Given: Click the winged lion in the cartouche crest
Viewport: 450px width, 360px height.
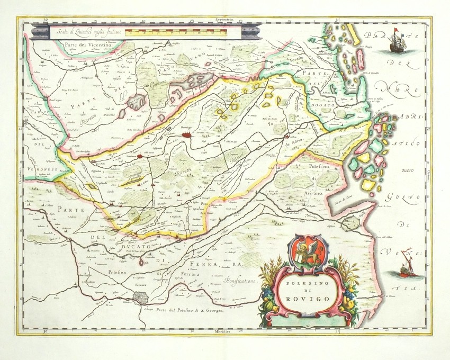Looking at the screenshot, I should (311, 252).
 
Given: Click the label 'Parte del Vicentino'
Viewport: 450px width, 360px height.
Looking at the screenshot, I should (81, 47).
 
